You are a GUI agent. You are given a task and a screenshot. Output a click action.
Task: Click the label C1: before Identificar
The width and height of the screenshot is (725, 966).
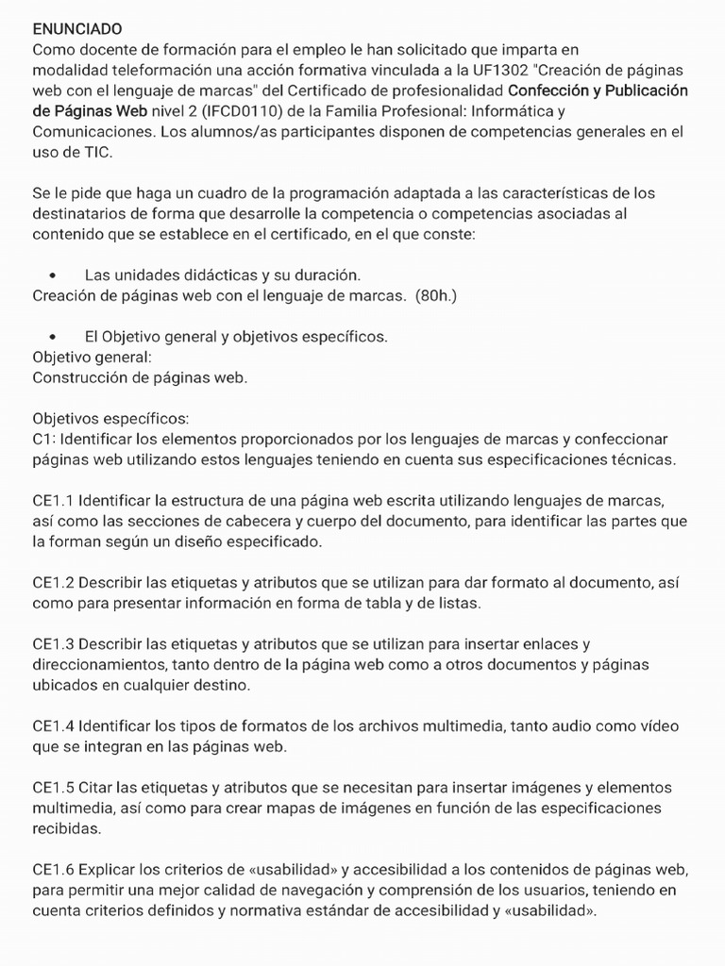[x=43, y=439]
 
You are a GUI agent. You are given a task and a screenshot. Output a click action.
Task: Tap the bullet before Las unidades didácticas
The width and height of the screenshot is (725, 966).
[x=52, y=275]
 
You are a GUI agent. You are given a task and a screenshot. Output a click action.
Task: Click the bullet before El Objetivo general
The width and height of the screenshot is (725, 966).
[x=52, y=337]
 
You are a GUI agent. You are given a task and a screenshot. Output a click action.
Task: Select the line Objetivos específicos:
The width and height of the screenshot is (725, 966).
[x=110, y=417]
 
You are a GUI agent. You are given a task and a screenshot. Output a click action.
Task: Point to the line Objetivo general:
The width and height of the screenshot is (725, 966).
[x=92, y=358]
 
